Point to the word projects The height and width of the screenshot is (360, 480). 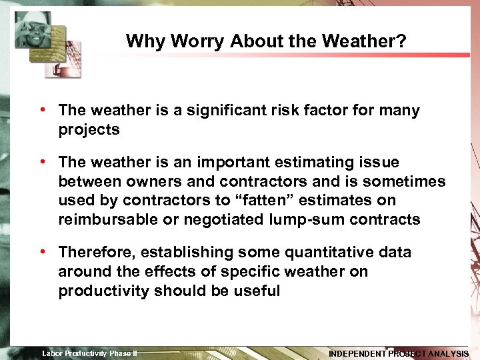[89, 129]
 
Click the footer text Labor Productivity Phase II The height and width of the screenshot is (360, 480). [89, 353]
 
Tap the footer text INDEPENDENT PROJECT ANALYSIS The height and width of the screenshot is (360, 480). [399, 353]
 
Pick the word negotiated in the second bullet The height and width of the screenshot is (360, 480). [215, 220]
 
